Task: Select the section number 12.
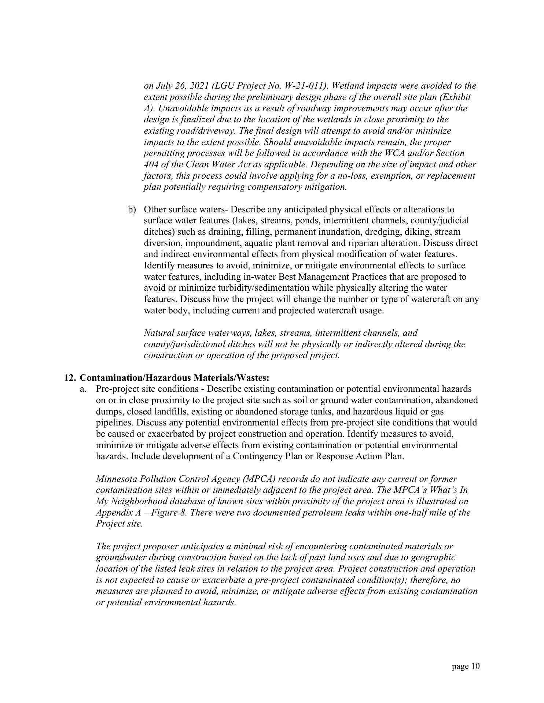tap(70, 377)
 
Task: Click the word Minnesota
tap(116, 479)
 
